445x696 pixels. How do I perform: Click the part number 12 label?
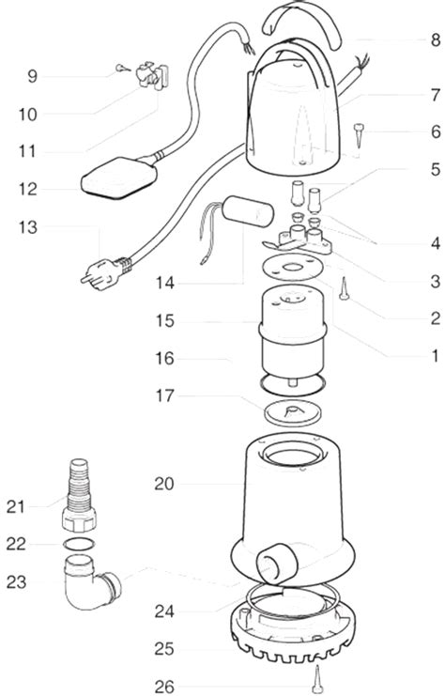(28, 190)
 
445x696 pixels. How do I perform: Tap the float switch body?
(119, 178)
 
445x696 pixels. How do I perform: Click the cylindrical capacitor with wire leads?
(248, 211)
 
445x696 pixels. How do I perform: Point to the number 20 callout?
(164, 484)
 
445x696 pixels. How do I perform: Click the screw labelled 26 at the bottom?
(316, 679)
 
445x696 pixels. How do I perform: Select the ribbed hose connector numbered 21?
(80, 495)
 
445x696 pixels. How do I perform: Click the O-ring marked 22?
(79, 544)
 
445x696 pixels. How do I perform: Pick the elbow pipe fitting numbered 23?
(91, 582)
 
